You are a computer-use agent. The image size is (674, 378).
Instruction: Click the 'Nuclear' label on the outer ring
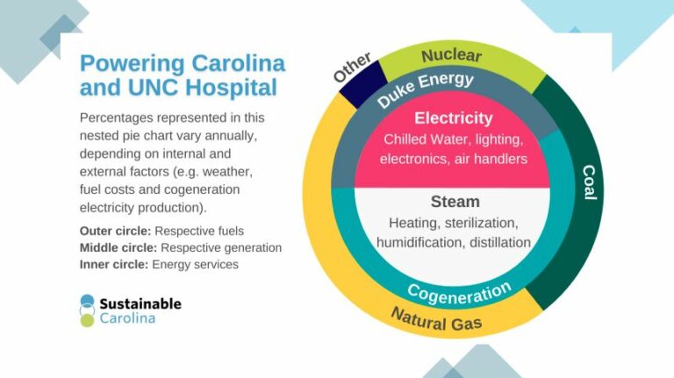(451, 56)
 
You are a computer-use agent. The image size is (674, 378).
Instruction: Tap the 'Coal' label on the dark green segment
(589, 182)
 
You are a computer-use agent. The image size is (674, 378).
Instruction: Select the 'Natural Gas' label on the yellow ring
(436, 318)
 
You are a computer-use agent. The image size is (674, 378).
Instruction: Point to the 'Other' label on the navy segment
(353, 70)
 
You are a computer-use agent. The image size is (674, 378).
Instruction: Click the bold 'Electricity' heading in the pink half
(453, 118)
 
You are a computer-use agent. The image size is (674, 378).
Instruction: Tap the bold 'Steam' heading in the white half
(455, 202)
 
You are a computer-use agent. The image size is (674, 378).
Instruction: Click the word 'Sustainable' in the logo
(140, 303)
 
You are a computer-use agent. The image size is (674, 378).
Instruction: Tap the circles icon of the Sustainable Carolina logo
(87, 310)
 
